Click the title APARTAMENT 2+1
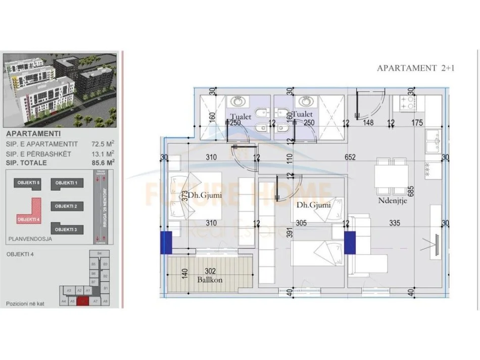[416, 68]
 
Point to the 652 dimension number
[351, 158]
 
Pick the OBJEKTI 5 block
[28, 183]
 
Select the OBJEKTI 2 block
[66, 206]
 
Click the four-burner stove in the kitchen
[408, 104]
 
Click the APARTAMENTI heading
[33, 134]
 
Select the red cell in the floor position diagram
[84, 301]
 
